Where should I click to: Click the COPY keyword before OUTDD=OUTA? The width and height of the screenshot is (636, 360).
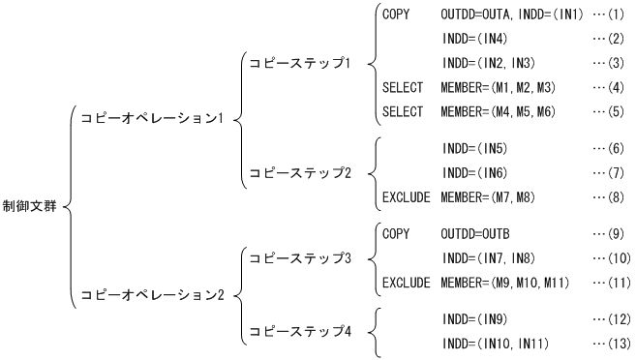click(396, 15)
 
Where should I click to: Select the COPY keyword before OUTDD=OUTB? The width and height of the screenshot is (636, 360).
click(396, 234)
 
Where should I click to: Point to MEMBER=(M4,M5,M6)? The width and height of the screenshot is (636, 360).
click(494, 112)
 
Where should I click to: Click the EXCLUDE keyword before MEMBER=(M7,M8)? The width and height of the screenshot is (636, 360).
click(405, 197)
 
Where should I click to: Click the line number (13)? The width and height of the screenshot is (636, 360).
click(611, 344)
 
